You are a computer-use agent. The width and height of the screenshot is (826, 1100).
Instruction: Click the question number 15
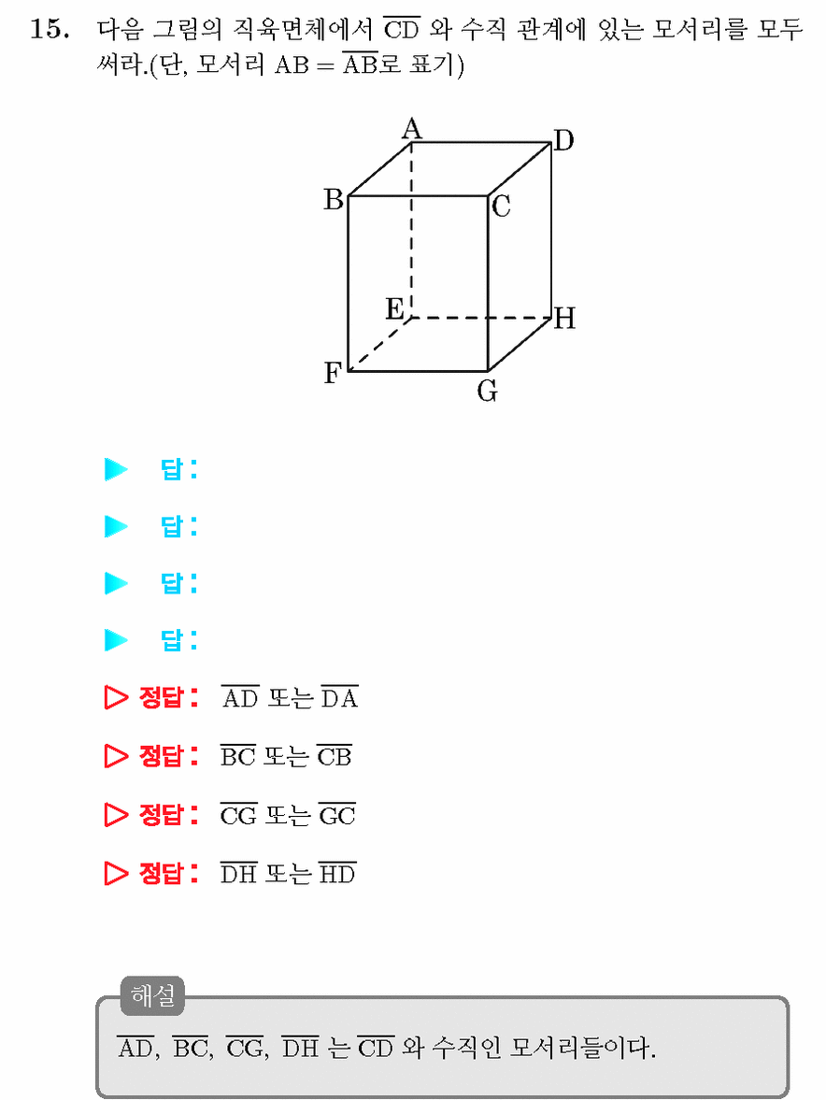[50, 30]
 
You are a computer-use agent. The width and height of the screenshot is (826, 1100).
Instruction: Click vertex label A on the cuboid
[411, 129]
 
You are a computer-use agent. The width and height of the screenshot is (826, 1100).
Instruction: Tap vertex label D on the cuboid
[563, 140]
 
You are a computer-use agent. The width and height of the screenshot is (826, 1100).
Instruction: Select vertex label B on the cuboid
[334, 200]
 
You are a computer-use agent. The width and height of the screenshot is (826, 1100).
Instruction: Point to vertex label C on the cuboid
[501, 207]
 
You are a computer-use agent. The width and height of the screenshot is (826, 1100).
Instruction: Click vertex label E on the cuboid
[394, 308]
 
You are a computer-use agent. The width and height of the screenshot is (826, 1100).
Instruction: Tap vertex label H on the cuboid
[564, 319]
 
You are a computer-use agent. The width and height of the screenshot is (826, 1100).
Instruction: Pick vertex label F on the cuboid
[333, 373]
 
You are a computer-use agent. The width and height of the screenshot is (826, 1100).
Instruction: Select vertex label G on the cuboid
[488, 391]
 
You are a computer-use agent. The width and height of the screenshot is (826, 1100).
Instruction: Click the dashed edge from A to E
[411, 230]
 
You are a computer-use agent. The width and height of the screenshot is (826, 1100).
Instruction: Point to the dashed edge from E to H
[481, 318]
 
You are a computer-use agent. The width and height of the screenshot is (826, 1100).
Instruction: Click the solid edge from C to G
[488, 283]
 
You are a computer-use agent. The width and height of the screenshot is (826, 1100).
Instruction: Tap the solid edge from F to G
[418, 370]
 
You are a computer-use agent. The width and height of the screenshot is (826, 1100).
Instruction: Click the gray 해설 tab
[153, 995]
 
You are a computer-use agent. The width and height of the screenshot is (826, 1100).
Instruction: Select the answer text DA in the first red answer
[339, 698]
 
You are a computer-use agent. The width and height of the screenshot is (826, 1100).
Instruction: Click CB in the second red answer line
[335, 756]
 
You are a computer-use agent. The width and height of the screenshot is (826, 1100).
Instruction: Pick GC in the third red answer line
[337, 815]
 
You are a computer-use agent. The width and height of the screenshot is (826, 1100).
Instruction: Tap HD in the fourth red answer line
[338, 874]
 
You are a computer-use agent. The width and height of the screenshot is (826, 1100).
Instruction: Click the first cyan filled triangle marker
[116, 469]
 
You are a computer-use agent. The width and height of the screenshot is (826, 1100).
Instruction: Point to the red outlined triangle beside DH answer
[116, 874]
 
